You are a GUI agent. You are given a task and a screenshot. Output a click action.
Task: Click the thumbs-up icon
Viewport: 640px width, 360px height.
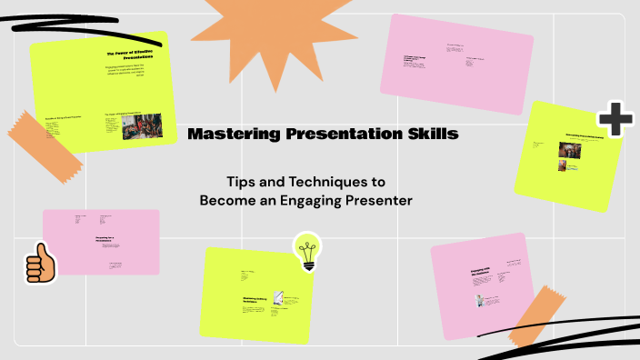pyautogui.click(x=40, y=265)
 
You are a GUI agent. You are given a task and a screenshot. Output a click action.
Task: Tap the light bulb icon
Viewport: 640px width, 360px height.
pyautogui.click(x=307, y=251)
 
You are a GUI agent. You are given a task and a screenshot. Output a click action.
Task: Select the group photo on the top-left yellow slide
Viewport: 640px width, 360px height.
pyautogui.click(x=142, y=126)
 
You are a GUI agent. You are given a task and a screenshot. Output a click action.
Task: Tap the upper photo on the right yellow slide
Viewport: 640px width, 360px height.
pyautogui.click(x=563, y=149)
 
